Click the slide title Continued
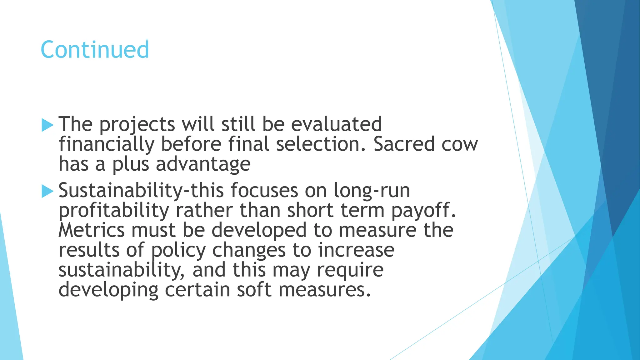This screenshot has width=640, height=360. coord(95,50)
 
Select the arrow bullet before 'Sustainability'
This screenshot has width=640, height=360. coord(47,191)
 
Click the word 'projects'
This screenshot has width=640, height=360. coord(137,125)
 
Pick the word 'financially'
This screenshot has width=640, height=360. coord(107,145)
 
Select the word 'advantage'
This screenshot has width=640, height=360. coord(203,165)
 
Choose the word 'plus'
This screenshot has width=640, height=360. coord(131,165)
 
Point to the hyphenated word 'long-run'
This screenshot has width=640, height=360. coord(372,191)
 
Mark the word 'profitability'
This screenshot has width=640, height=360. coord(114,211)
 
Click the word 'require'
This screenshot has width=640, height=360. coord(350,271)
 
